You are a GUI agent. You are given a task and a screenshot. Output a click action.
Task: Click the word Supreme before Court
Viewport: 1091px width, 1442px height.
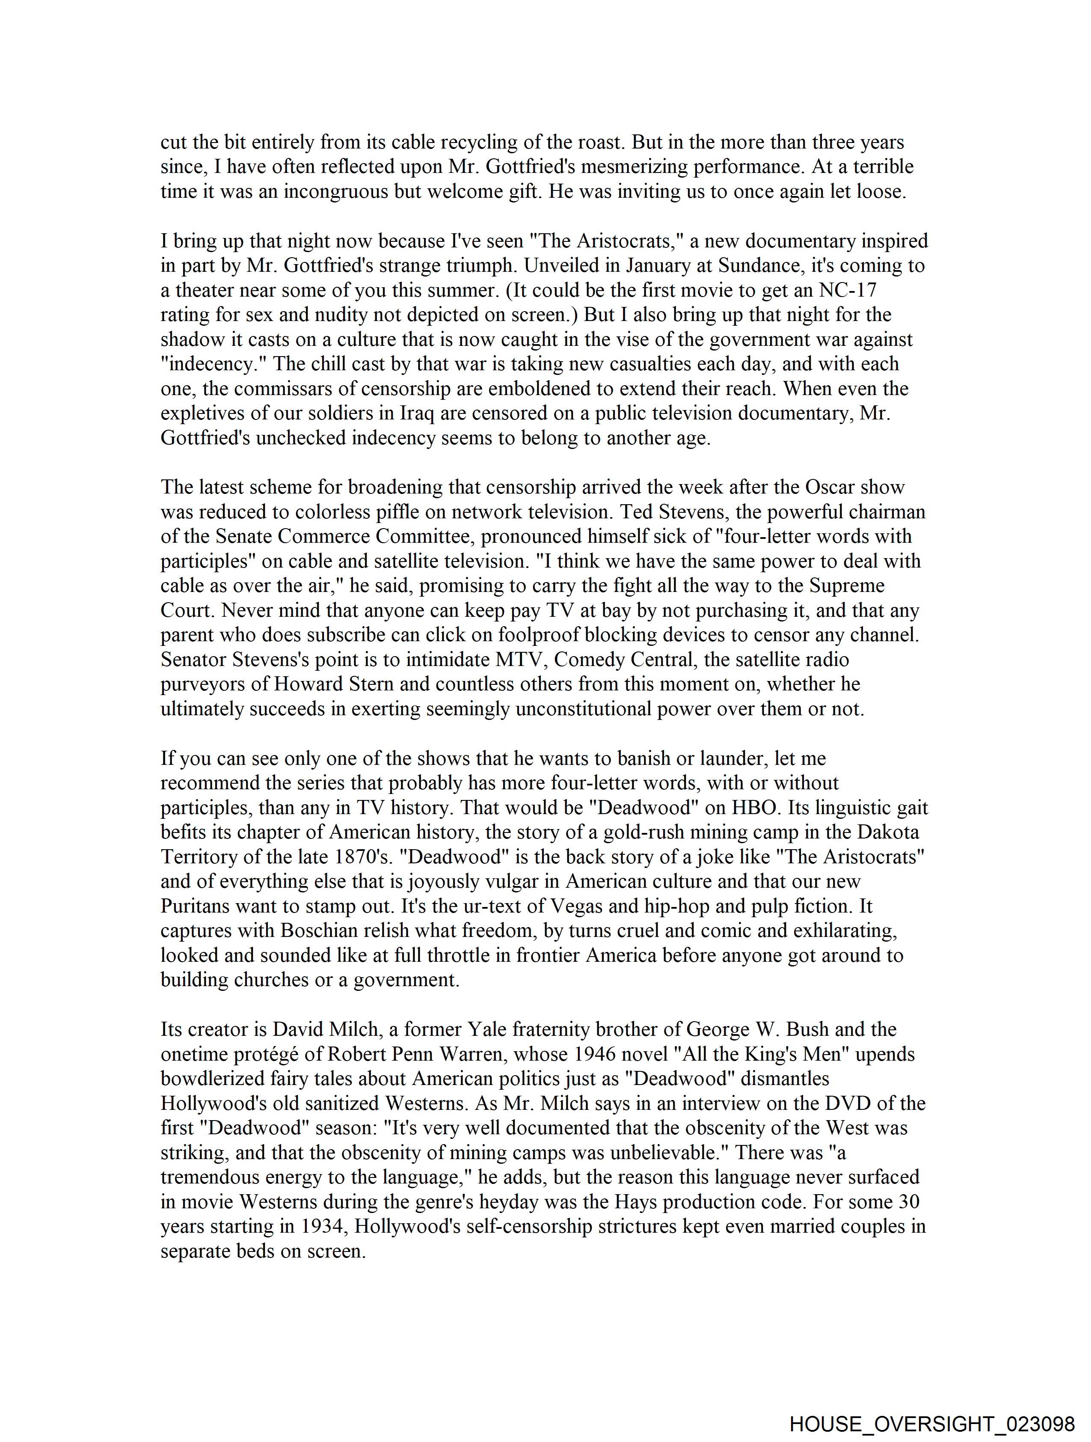[847, 586]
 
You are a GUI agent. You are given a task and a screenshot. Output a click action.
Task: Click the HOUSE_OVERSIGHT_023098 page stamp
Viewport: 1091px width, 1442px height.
[932, 1424]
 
